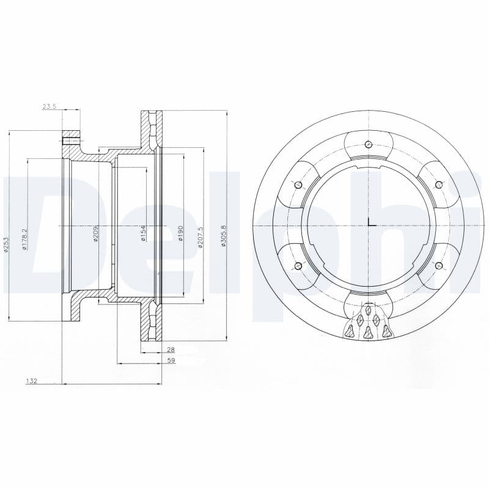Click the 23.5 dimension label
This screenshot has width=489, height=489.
coord(49,106)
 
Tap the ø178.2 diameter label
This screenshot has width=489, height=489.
coord(25,240)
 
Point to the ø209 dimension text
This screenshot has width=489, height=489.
coord(96,234)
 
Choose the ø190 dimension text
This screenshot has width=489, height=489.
coord(180,234)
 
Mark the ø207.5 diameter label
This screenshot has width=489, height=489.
coord(200,237)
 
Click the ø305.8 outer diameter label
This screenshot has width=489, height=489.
coord(223,236)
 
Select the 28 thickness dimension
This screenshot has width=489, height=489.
coord(171,350)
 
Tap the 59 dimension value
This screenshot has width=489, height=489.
coord(171,361)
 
